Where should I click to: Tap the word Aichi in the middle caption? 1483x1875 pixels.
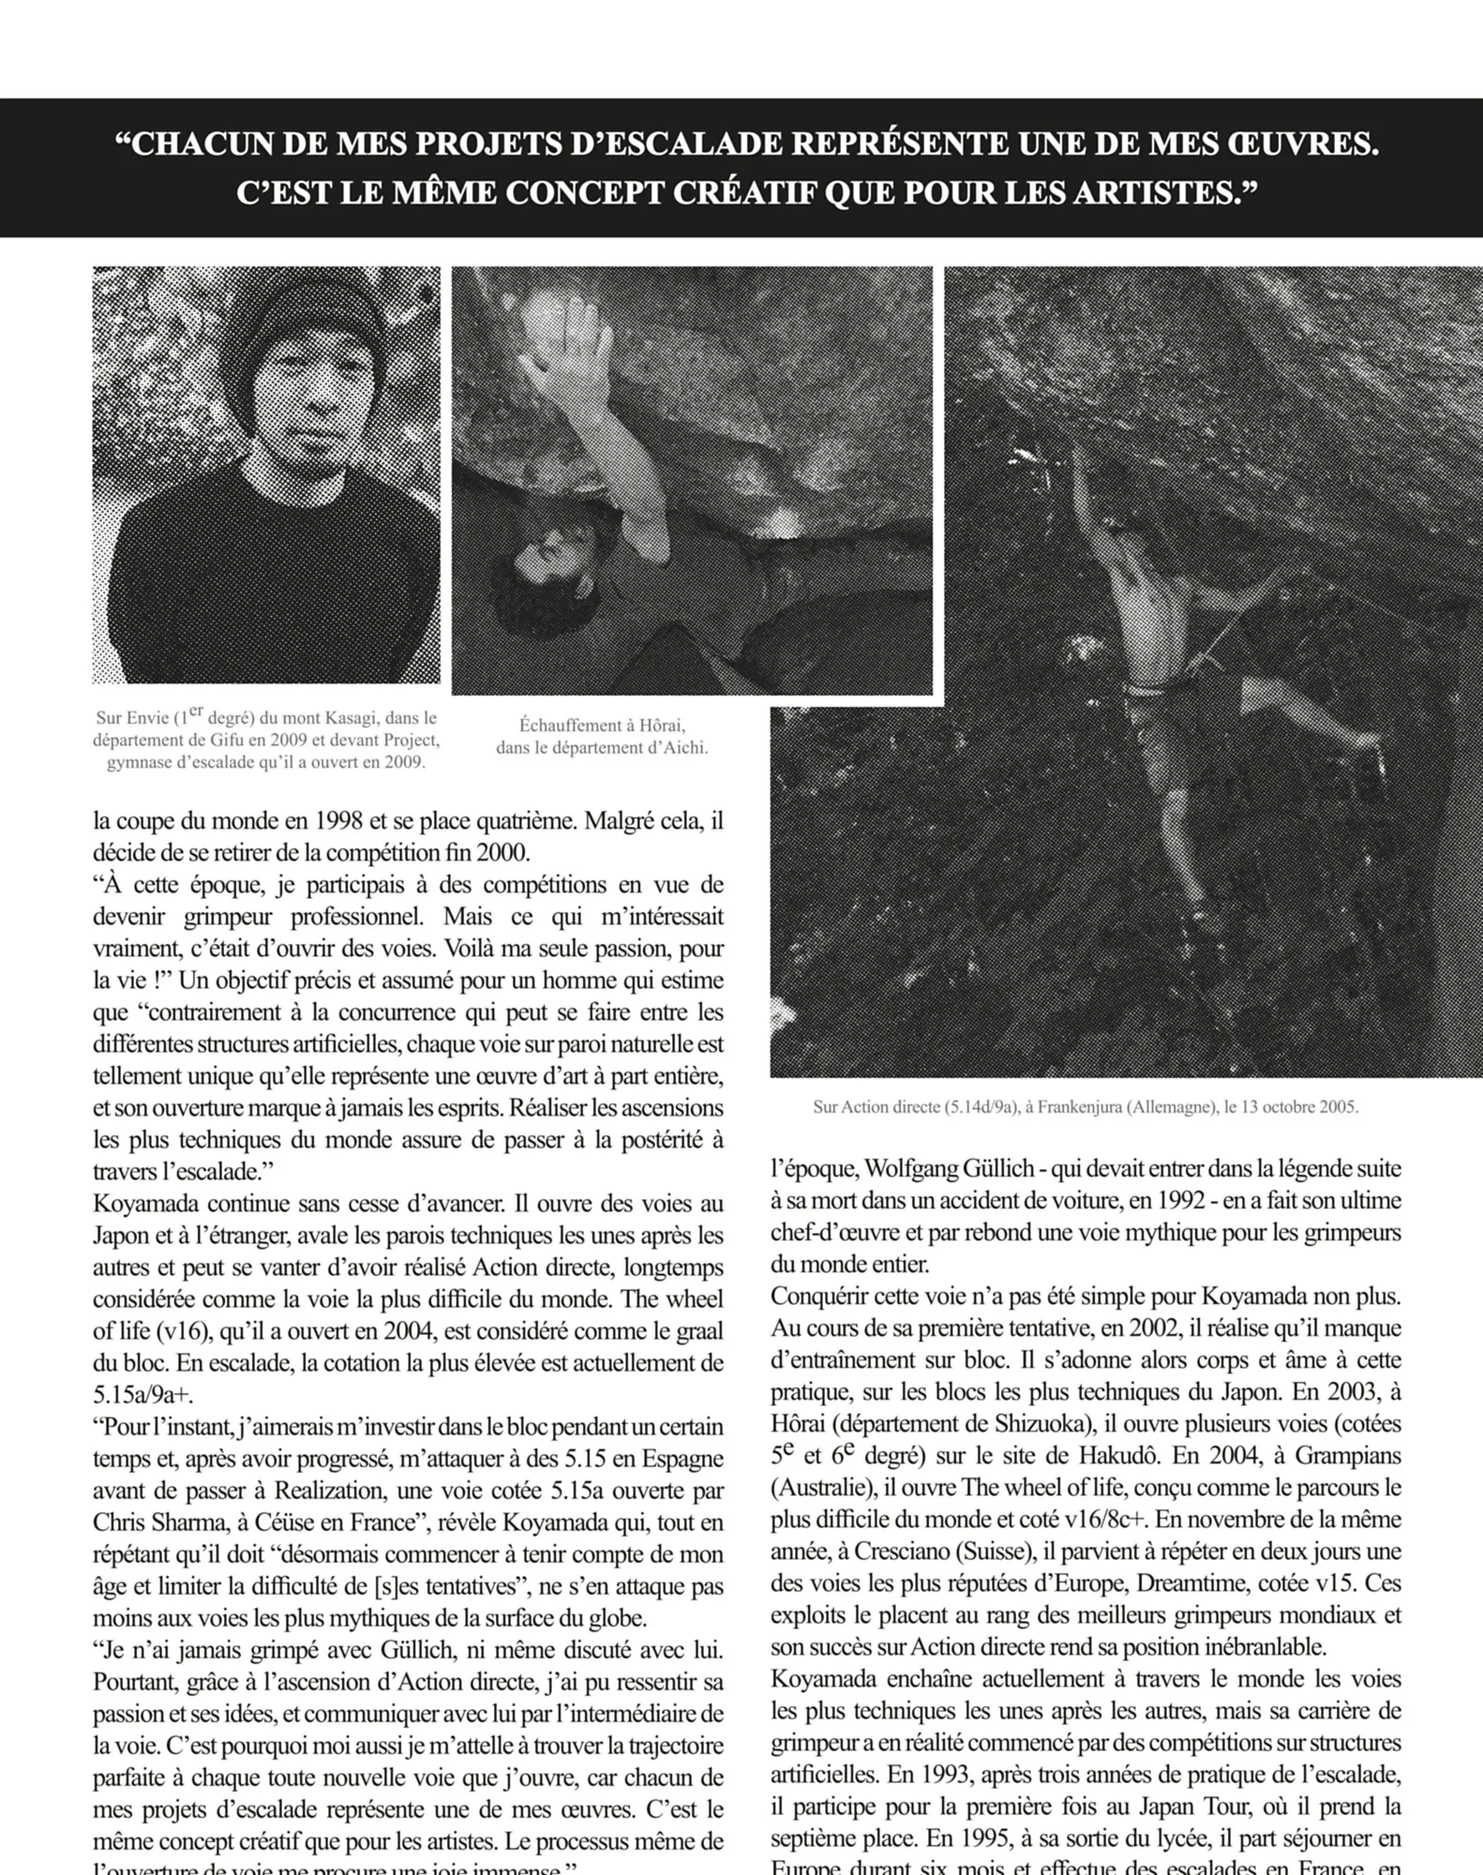point(684,748)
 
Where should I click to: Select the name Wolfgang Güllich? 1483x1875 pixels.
point(948,1169)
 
